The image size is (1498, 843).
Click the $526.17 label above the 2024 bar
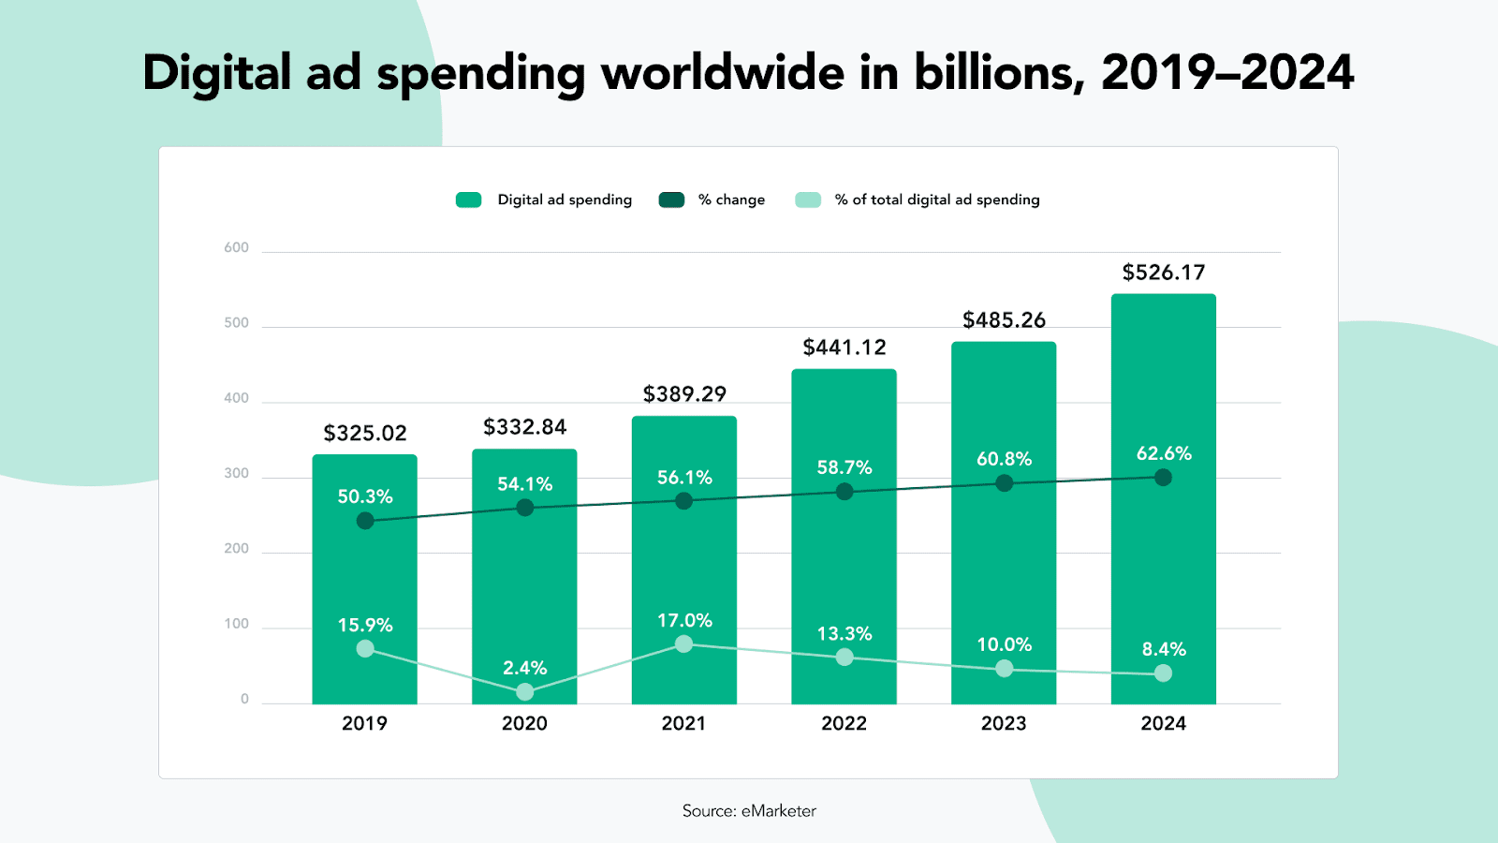pos(1164,273)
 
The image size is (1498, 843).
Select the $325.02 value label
pos(365,434)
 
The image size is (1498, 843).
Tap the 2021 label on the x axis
pos(683,723)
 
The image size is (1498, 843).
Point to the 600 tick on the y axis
pos(237,248)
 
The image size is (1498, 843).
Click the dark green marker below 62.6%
pos(1163,478)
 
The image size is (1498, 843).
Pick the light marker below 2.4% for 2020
pos(525,692)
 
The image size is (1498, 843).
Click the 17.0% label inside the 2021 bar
pos(684,621)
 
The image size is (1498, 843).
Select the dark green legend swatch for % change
pos(671,200)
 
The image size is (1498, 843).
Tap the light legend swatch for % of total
pos(808,200)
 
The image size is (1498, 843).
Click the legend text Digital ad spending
pos(565,200)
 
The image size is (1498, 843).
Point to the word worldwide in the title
pos(723,73)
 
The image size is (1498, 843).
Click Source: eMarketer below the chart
pos(749,811)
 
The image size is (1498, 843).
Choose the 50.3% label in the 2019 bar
pos(365,496)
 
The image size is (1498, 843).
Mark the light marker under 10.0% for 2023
pos(1005,669)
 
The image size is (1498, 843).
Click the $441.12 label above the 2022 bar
pos(844,348)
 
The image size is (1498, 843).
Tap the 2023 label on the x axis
pos(1004,723)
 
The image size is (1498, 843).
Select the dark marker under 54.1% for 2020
pos(525,508)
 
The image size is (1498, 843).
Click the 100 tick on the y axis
pos(237,624)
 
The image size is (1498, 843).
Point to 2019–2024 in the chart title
pos(1227,73)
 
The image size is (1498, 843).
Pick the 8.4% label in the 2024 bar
pos(1164,649)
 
